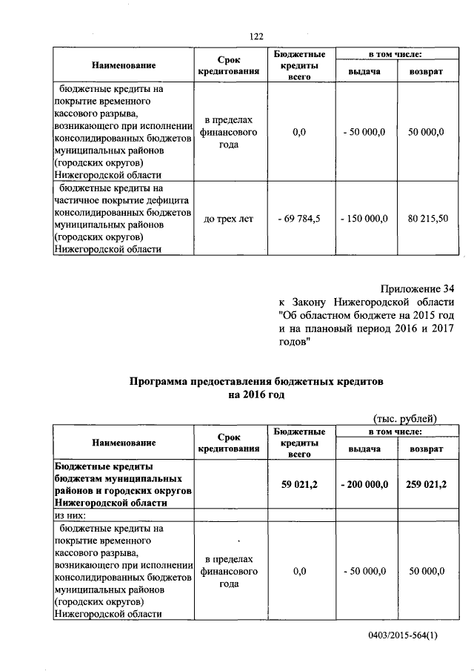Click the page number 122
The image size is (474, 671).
point(256,36)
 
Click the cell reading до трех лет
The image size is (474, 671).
point(228,219)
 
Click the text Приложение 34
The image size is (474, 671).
point(417,288)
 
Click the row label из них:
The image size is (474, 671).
point(70,515)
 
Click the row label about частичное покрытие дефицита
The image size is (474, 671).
point(122,200)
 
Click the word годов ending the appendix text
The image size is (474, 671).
point(293,341)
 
